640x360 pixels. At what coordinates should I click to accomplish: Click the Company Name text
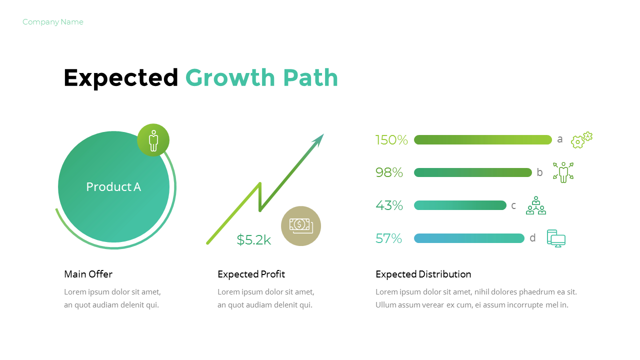point(53,22)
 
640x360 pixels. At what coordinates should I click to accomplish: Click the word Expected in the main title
point(121,78)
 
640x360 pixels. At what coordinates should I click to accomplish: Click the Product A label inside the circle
point(113,187)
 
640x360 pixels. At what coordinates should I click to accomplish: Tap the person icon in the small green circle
point(153,140)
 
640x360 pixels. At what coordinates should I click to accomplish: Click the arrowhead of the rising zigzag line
point(318,139)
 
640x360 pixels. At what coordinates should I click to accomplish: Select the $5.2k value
point(254,240)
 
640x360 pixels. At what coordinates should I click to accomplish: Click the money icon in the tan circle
point(300,225)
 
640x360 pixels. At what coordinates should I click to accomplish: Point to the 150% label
point(391,140)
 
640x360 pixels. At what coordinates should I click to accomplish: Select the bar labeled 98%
point(472,172)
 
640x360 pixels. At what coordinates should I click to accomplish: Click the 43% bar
point(460,205)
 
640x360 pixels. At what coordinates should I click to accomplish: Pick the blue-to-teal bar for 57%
point(469,238)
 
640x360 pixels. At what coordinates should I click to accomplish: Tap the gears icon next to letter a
point(581,140)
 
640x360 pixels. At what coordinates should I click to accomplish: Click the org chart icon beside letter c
point(536,205)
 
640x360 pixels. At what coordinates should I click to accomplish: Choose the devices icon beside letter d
point(556,238)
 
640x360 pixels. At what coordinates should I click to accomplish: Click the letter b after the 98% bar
point(539,172)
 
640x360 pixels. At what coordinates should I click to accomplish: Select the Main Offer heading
point(88,274)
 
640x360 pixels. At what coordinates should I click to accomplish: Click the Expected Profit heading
point(251,274)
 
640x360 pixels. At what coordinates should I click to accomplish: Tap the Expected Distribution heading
point(423,274)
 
